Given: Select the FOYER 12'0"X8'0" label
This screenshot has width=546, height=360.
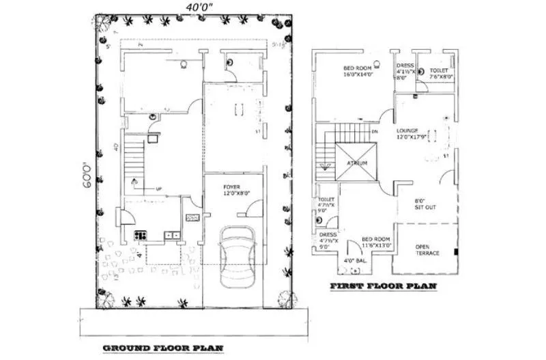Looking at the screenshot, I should [x=233, y=190].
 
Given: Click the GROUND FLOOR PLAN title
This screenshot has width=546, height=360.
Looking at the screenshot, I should [x=163, y=348].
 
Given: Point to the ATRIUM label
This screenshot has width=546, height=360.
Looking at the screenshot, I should [x=356, y=163].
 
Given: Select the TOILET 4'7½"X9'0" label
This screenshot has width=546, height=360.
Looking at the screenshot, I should [x=326, y=206].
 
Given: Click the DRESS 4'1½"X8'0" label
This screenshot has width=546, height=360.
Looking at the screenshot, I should [x=405, y=72].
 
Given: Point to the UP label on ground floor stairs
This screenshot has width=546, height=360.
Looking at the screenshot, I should [x=159, y=189].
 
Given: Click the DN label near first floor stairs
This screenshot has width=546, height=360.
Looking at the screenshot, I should [x=373, y=132].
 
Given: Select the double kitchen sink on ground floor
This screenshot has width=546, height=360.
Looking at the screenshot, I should [x=171, y=235].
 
